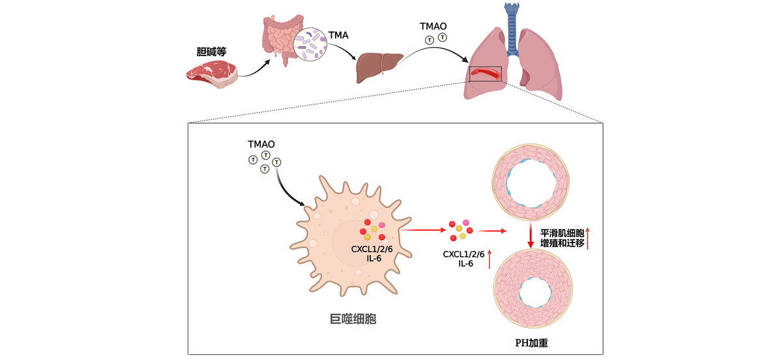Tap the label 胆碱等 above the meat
211,52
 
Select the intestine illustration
280,39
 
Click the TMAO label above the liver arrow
433,26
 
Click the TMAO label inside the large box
261,144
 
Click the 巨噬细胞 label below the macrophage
353,319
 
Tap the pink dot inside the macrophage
382,225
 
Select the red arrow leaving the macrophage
422,230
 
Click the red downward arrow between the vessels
531,238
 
